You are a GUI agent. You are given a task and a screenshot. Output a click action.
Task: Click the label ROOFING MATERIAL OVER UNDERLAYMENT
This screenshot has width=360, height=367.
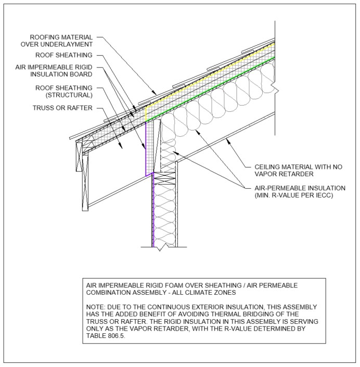coord(62,41)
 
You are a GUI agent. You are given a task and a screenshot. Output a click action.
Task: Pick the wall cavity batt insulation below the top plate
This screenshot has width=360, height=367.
coord(164,213)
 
